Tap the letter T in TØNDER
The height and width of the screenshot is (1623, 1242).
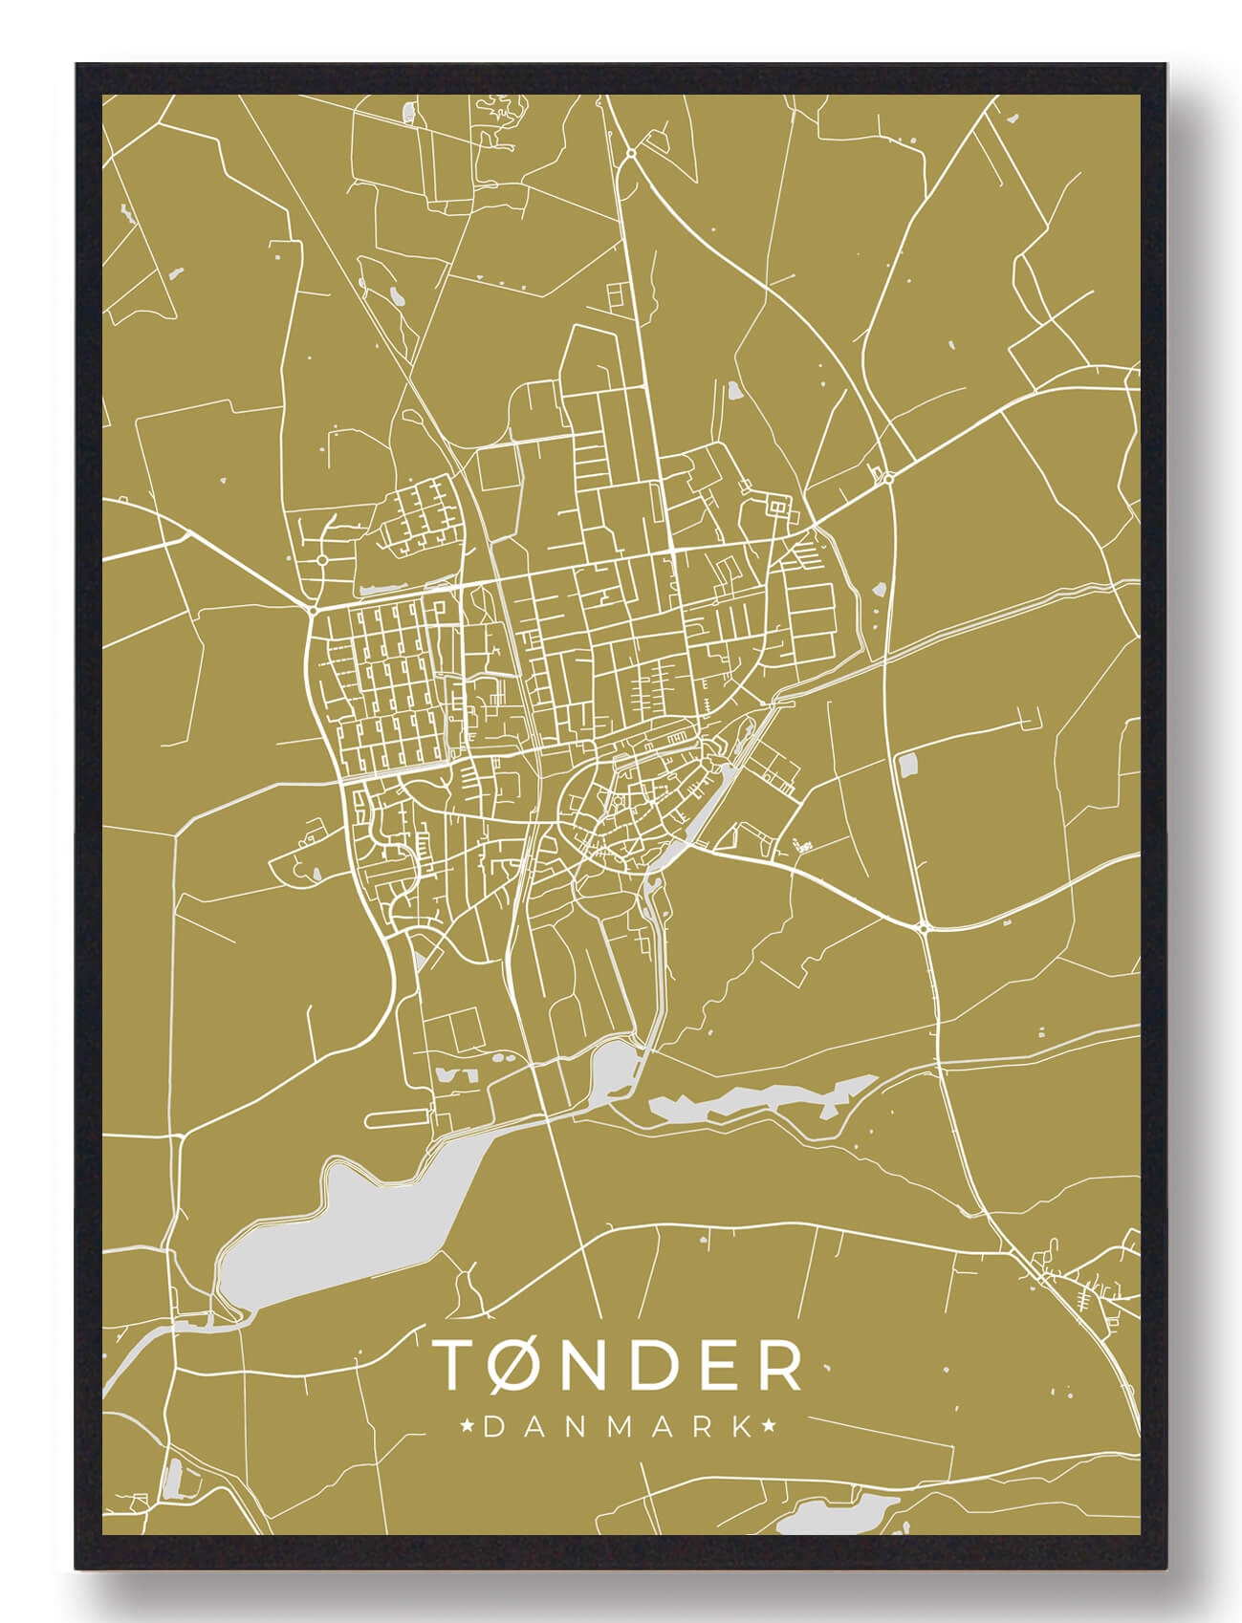[x=457, y=1364]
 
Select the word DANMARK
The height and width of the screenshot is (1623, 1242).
[x=619, y=1428]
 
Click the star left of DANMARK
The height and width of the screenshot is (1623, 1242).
[x=468, y=1428]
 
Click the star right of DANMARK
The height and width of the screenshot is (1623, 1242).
[x=769, y=1428]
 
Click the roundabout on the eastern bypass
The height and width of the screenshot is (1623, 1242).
[x=924, y=927]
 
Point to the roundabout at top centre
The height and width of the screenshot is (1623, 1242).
[x=632, y=153]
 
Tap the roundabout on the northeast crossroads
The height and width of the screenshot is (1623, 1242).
[x=888, y=478]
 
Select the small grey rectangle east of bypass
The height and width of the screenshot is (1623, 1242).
[x=907, y=764]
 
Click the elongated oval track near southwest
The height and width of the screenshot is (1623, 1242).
[x=397, y=1116]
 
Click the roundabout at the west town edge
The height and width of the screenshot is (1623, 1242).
[x=314, y=609]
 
